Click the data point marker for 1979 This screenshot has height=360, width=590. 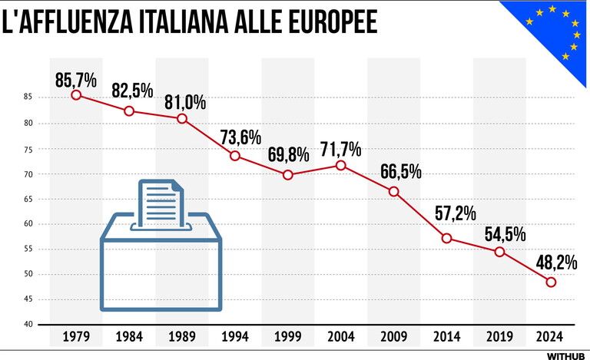point(76,94)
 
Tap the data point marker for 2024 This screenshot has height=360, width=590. point(551,282)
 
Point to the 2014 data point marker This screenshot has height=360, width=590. point(446,238)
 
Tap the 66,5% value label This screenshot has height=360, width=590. point(399,172)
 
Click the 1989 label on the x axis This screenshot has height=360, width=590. point(181,336)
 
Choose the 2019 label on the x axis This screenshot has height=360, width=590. point(499,336)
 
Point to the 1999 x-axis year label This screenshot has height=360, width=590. point(287,336)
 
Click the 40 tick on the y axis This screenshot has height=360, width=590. point(27,324)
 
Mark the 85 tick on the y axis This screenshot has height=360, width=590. point(27,97)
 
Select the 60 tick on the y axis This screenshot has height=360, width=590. point(27,224)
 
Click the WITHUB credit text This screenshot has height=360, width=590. point(565,355)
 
